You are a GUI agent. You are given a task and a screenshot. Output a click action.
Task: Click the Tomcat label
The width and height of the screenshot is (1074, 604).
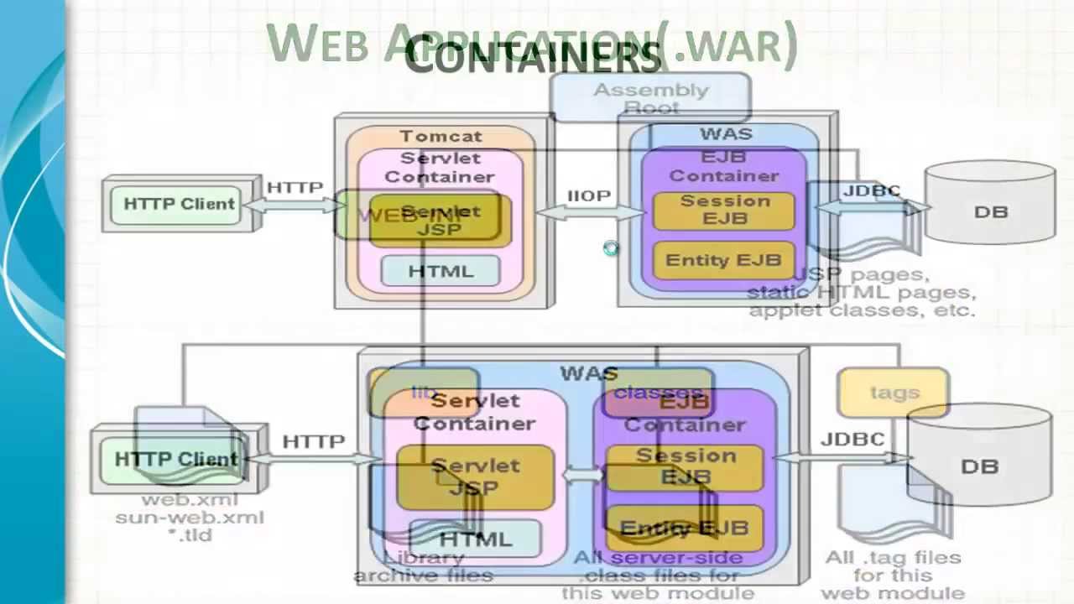point(441,136)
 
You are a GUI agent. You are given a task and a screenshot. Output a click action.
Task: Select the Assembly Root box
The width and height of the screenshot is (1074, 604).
point(650,97)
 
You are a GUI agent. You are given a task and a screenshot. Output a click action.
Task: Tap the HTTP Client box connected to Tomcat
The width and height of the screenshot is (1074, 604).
point(179,204)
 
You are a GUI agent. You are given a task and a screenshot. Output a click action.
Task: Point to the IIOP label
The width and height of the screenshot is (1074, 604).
point(589,195)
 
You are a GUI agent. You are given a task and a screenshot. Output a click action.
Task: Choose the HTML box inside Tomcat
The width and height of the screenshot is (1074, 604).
point(441,271)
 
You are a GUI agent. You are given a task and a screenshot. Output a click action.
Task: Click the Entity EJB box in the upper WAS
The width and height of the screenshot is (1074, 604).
point(722,260)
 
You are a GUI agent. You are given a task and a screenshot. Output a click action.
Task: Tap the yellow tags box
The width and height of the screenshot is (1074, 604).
point(894,393)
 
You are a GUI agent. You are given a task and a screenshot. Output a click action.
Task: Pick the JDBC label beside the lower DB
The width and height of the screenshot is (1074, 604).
point(852,439)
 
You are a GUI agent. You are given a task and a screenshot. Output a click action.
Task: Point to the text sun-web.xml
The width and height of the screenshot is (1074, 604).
point(190,517)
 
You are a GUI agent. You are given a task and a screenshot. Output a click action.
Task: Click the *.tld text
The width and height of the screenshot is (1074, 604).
point(190,534)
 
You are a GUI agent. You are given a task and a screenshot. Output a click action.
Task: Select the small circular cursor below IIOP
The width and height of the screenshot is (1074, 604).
point(610,248)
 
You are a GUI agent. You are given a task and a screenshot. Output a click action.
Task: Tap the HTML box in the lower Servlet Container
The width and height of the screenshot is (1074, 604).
point(475,539)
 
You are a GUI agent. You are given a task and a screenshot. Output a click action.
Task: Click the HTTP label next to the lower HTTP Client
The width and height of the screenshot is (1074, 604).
point(313,441)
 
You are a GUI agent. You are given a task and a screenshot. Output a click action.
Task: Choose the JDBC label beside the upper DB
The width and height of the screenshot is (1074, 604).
point(871,190)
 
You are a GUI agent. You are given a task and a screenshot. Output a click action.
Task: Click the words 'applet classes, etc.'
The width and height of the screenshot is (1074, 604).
point(863,310)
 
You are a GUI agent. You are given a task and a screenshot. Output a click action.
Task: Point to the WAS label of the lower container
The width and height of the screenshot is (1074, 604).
point(589,373)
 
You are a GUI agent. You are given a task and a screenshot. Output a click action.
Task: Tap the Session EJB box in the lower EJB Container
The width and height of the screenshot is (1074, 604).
point(685,466)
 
